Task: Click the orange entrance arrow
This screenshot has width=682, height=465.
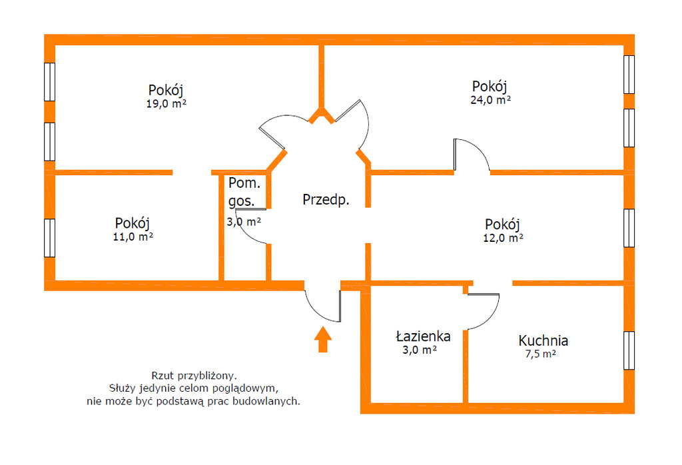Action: pyautogui.click(x=323, y=339)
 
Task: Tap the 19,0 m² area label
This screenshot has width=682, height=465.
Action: pyautogui.click(x=166, y=104)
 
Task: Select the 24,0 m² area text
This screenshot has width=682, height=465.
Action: pyautogui.click(x=490, y=100)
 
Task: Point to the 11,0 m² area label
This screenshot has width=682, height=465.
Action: pyautogui.click(x=133, y=237)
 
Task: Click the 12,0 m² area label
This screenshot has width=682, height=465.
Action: pyautogui.click(x=503, y=238)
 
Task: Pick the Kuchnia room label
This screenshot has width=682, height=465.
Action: pyautogui.click(x=543, y=340)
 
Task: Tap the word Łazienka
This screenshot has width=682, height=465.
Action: pyautogui.click(x=423, y=336)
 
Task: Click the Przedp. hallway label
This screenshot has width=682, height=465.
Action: pyautogui.click(x=326, y=200)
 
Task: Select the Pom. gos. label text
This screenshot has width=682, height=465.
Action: pyautogui.click(x=244, y=192)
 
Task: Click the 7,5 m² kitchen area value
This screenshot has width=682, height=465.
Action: pyautogui.click(x=540, y=354)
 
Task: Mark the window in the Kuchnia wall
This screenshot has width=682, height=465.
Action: pyautogui.click(x=629, y=350)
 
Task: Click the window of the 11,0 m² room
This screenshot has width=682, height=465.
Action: pyautogui.click(x=49, y=238)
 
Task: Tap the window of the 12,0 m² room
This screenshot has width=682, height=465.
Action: pyautogui.click(x=629, y=229)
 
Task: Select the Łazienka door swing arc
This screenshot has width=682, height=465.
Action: pyautogui.click(x=484, y=312)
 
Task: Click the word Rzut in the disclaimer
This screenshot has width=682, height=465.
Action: pyautogui.click(x=162, y=375)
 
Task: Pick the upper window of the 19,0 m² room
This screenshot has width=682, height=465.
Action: pyautogui.click(x=49, y=82)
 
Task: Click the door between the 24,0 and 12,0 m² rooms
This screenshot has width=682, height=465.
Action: pyautogui.click(x=472, y=155)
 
